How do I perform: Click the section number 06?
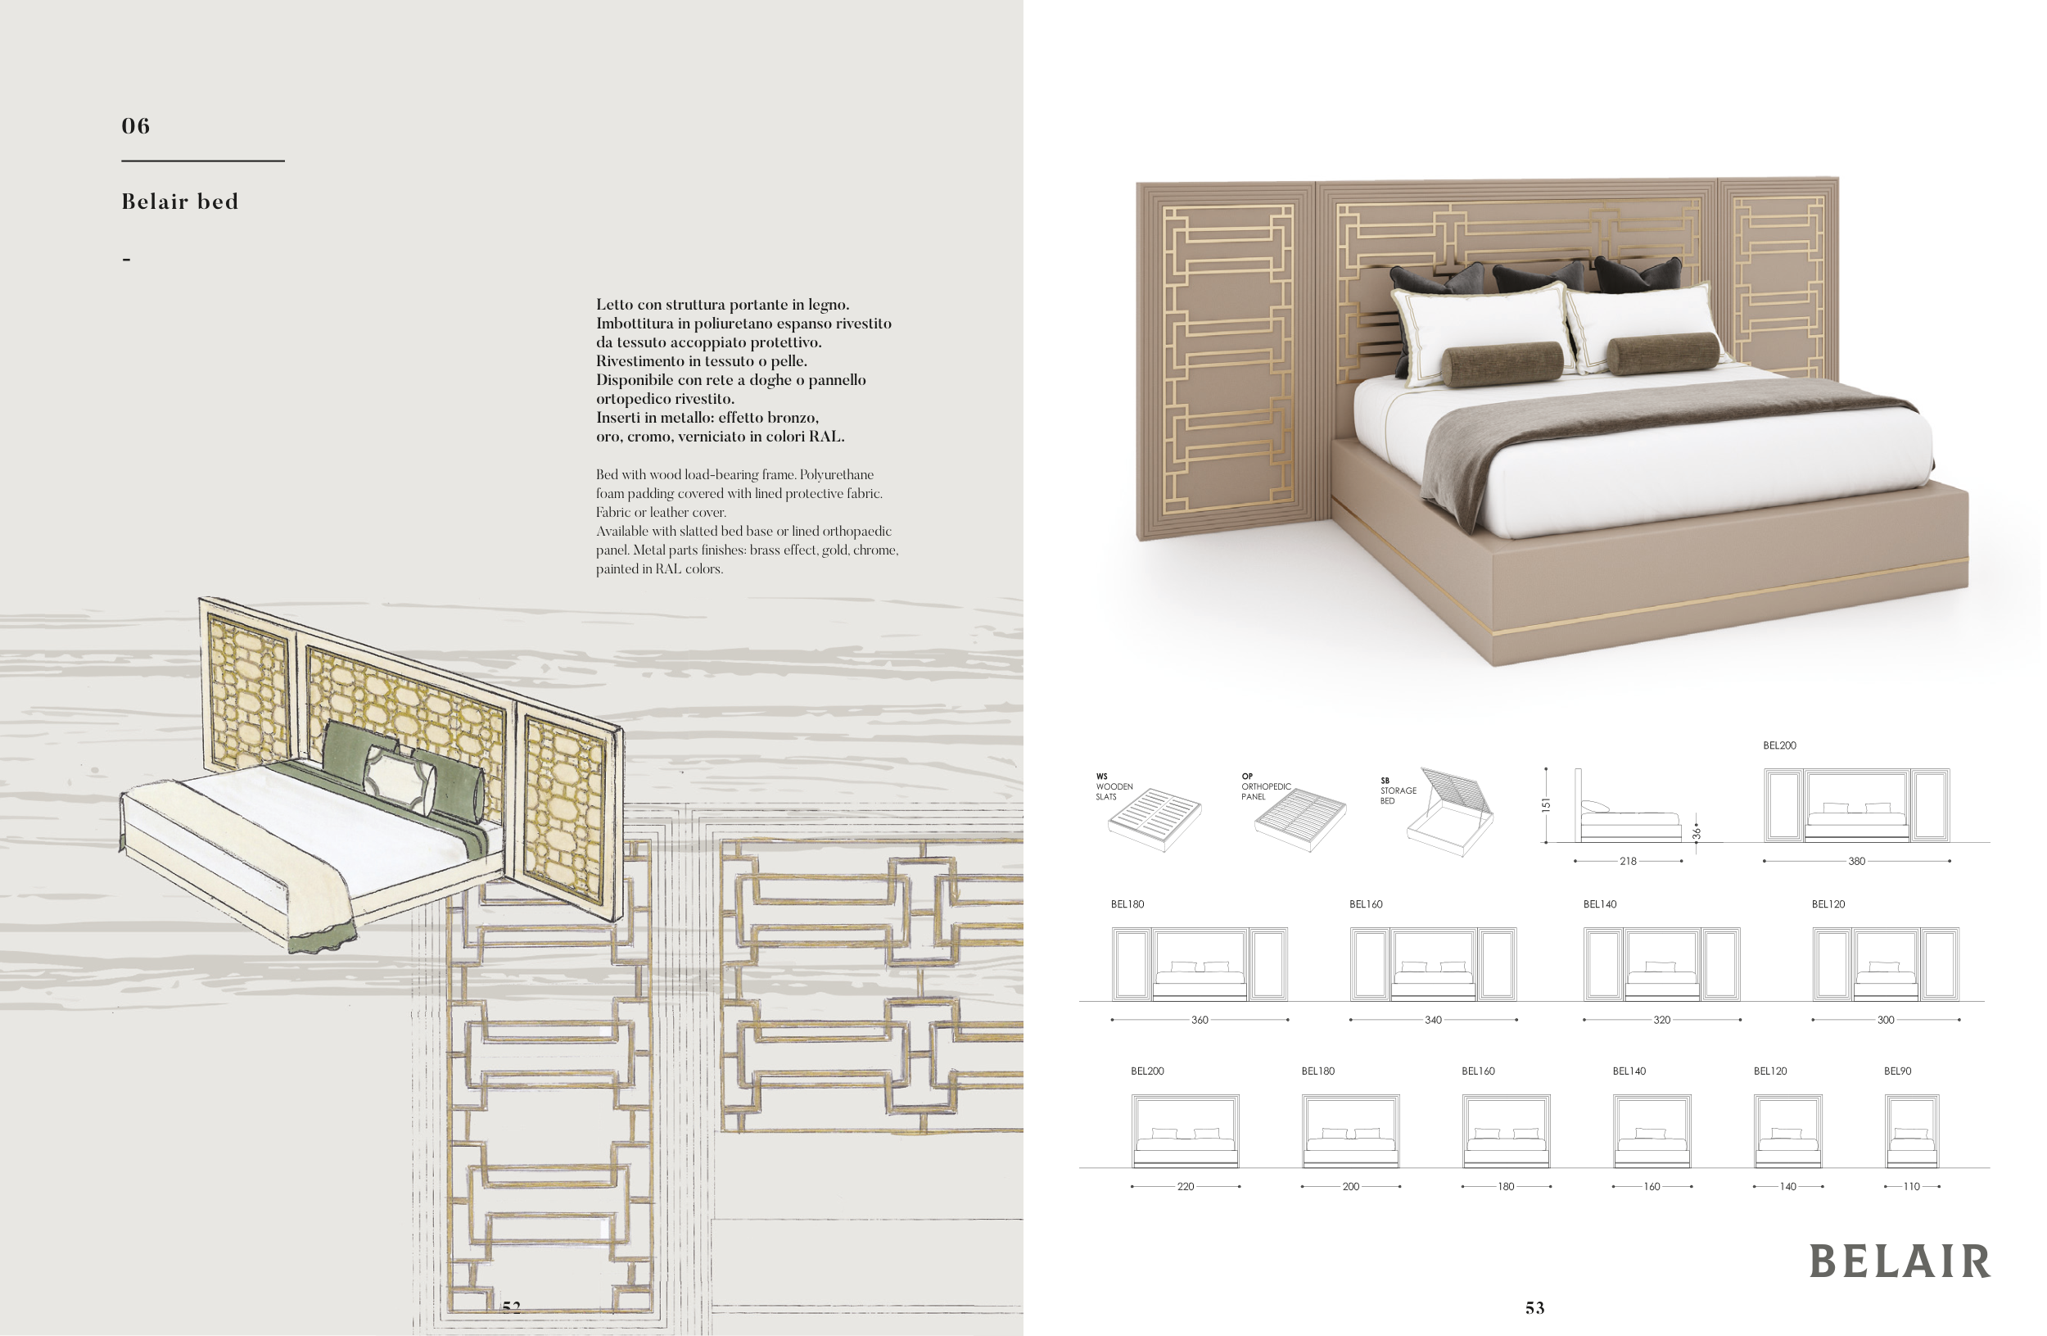click(136, 126)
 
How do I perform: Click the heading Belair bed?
click(180, 202)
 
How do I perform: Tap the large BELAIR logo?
click(1899, 1262)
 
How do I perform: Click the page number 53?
click(1534, 1308)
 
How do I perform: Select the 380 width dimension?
click(1856, 861)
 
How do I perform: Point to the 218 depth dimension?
click(1627, 861)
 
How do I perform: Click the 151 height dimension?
click(1546, 805)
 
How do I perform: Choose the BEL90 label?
click(1896, 1071)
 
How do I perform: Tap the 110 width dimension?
click(1911, 1186)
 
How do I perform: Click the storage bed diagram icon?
click(1453, 813)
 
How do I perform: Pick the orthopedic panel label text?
click(1265, 787)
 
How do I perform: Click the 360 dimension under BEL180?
click(1199, 1021)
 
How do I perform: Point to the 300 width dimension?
click(1886, 1021)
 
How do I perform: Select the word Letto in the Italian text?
click(614, 305)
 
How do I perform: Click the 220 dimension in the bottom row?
click(1185, 1186)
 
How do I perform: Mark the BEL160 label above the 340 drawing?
click(1365, 904)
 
